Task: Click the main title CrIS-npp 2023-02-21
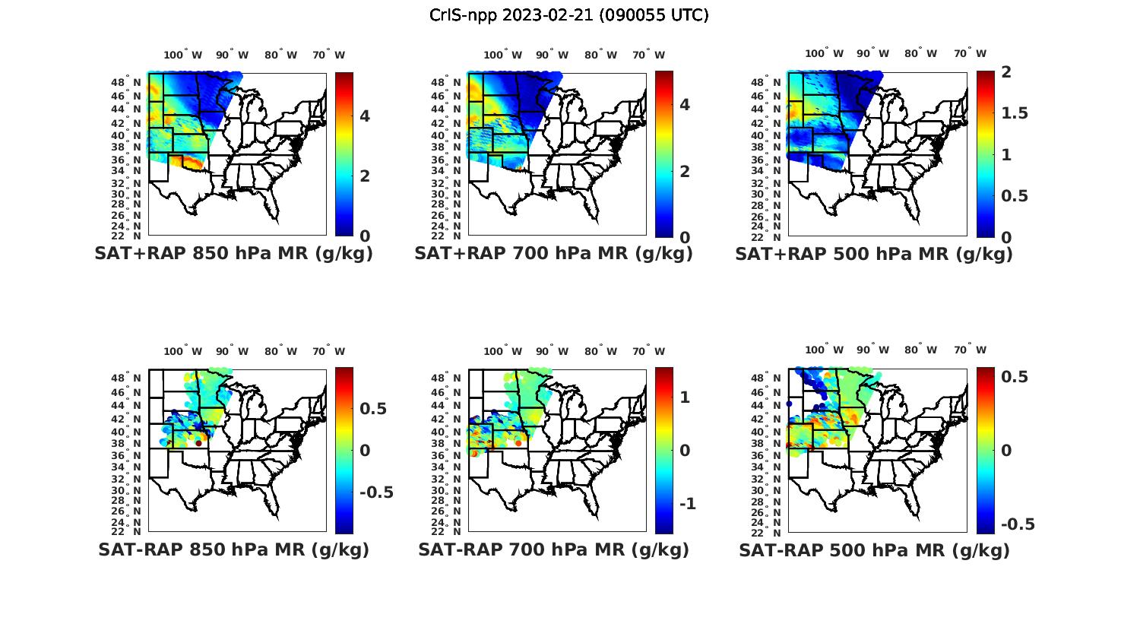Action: click(569, 15)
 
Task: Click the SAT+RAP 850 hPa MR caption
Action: click(233, 254)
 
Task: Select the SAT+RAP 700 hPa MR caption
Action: click(553, 254)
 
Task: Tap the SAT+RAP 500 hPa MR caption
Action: click(874, 254)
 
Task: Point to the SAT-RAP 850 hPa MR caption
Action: click(233, 549)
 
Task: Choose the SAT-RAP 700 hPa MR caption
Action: click(553, 549)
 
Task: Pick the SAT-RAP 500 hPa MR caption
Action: click(874, 549)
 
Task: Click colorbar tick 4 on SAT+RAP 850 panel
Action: click(365, 116)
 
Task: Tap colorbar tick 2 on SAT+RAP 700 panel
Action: click(685, 171)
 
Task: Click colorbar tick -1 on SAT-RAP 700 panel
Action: click(687, 504)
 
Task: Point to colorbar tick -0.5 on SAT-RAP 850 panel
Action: click(375, 492)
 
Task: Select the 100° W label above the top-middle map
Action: click(502, 55)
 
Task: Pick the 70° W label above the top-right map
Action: click(970, 53)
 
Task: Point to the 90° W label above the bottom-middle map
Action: click(551, 351)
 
